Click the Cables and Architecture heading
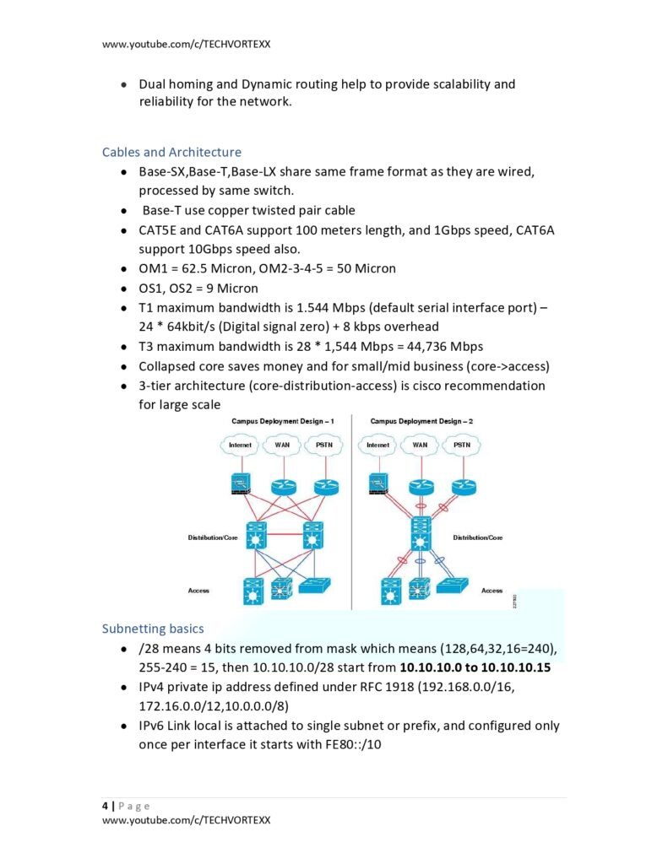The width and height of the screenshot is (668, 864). point(171,152)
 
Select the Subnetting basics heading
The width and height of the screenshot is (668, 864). point(152,629)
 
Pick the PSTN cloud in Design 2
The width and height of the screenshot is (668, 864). point(461,444)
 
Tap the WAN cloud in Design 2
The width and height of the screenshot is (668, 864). point(420,444)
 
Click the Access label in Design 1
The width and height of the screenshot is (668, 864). point(198,591)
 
